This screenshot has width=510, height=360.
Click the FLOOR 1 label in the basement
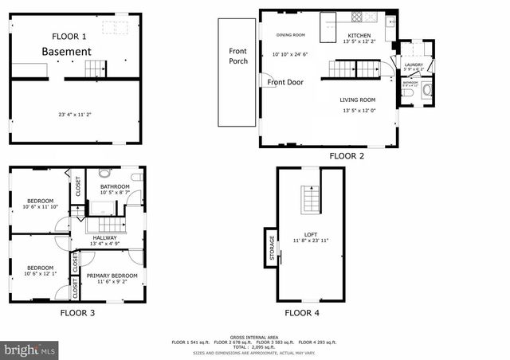pyautogui.click(x=69, y=37)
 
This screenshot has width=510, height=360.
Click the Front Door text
pyautogui.click(x=284, y=82)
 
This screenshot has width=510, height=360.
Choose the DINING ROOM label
pyautogui.click(x=291, y=35)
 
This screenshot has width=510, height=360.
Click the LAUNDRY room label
pyautogui.click(x=414, y=65)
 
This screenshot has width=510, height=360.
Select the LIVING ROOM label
pyautogui.click(x=358, y=100)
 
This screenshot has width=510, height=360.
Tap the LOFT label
pyautogui.click(x=310, y=233)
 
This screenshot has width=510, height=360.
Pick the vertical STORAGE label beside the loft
pyautogui.click(x=271, y=248)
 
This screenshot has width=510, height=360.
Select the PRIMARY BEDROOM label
pyautogui.click(x=112, y=276)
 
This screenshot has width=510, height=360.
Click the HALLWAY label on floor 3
pyautogui.click(x=104, y=237)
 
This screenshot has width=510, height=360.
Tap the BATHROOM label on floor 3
pyautogui.click(x=115, y=186)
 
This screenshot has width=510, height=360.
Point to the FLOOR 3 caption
pyautogui.click(x=77, y=314)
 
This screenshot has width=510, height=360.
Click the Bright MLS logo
pyautogui.click(x=29, y=350)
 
